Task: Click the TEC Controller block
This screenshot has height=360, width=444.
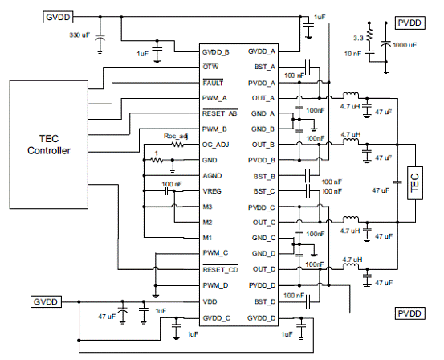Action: (x=49, y=145)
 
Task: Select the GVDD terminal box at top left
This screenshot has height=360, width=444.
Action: (x=58, y=17)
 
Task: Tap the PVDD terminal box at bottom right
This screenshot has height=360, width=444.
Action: (x=409, y=313)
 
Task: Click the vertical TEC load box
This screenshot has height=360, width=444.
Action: (x=415, y=183)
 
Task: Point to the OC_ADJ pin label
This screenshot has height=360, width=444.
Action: (x=215, y=145)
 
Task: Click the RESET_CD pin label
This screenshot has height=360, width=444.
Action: (x=221, y=269)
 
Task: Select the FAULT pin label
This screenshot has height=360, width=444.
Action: (x=213, y=83)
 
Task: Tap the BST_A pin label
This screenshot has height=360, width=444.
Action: (x=265, y=67)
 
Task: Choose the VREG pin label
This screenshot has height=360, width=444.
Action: (x=212, y=191)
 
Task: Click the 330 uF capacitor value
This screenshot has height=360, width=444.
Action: (x=79, y=35)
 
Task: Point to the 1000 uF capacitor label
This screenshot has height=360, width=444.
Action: (x=405, y=45)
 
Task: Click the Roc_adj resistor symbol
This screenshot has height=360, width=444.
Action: (x=177, y=145)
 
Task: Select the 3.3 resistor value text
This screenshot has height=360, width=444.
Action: (x=358, y=38)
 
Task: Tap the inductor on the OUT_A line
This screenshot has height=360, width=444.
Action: (x=351, y=96)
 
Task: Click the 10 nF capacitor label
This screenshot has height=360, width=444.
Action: (x=352, y=54)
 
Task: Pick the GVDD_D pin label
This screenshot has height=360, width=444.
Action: (x=262, y=318)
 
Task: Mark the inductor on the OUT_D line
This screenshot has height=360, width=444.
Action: (x=351, y=266)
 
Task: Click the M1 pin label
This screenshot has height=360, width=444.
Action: (x=207, y=238)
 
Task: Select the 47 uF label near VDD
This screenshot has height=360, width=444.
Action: (x=107, y=317)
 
